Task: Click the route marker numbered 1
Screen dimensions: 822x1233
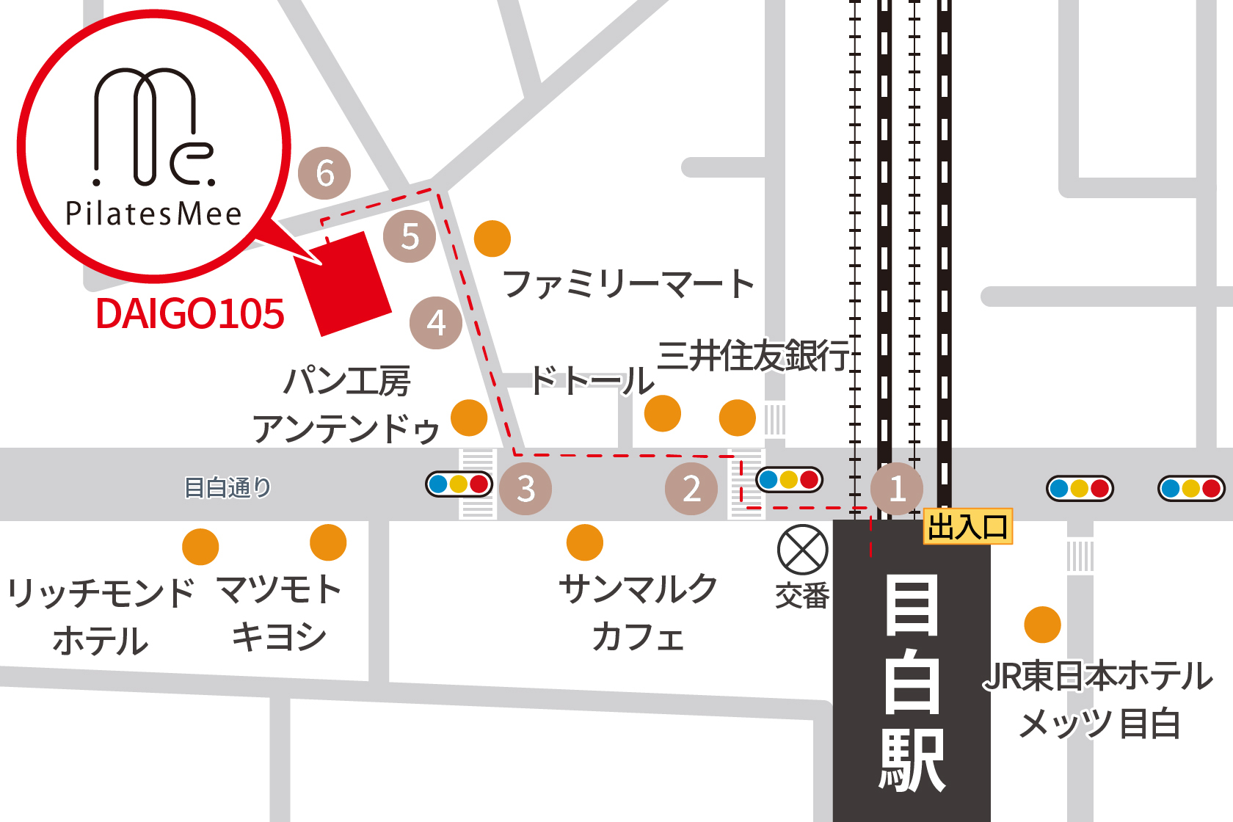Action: click(x=896, y=489)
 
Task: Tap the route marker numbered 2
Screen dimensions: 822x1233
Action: click(x=691, y=489)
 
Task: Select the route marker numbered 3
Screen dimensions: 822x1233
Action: click(x=525, y=489)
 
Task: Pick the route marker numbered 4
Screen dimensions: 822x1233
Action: click(x=436, y=323)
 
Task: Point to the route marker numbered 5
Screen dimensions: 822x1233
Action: click(x=410, y=236)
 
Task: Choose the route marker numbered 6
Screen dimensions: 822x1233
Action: click(x=324, y=173)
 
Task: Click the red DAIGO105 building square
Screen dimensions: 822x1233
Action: click(x=343, y=284)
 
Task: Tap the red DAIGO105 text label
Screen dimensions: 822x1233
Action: click(x=189, y=314)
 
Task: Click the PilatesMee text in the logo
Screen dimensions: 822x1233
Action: click(x=153, y=214)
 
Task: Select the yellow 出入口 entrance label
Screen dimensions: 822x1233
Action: click(x=967, y=527)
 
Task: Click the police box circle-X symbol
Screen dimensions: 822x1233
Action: click(x=803, y=550)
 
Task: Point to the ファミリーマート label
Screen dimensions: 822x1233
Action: click(x=628, y=284)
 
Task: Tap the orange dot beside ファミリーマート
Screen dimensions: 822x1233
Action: click(x=492, y=239)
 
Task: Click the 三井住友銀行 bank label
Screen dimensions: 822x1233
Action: click(x=753, y=356)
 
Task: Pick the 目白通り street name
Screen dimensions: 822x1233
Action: click(x=228, y=487)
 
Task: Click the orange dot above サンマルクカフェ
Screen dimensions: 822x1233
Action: click(x=585, y=542)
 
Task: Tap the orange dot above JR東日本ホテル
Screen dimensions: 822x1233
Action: click(x=1042, y=625)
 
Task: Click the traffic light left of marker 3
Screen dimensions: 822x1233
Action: click(x=459, y=484)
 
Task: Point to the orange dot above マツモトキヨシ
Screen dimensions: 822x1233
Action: click(x=328, y=542)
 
